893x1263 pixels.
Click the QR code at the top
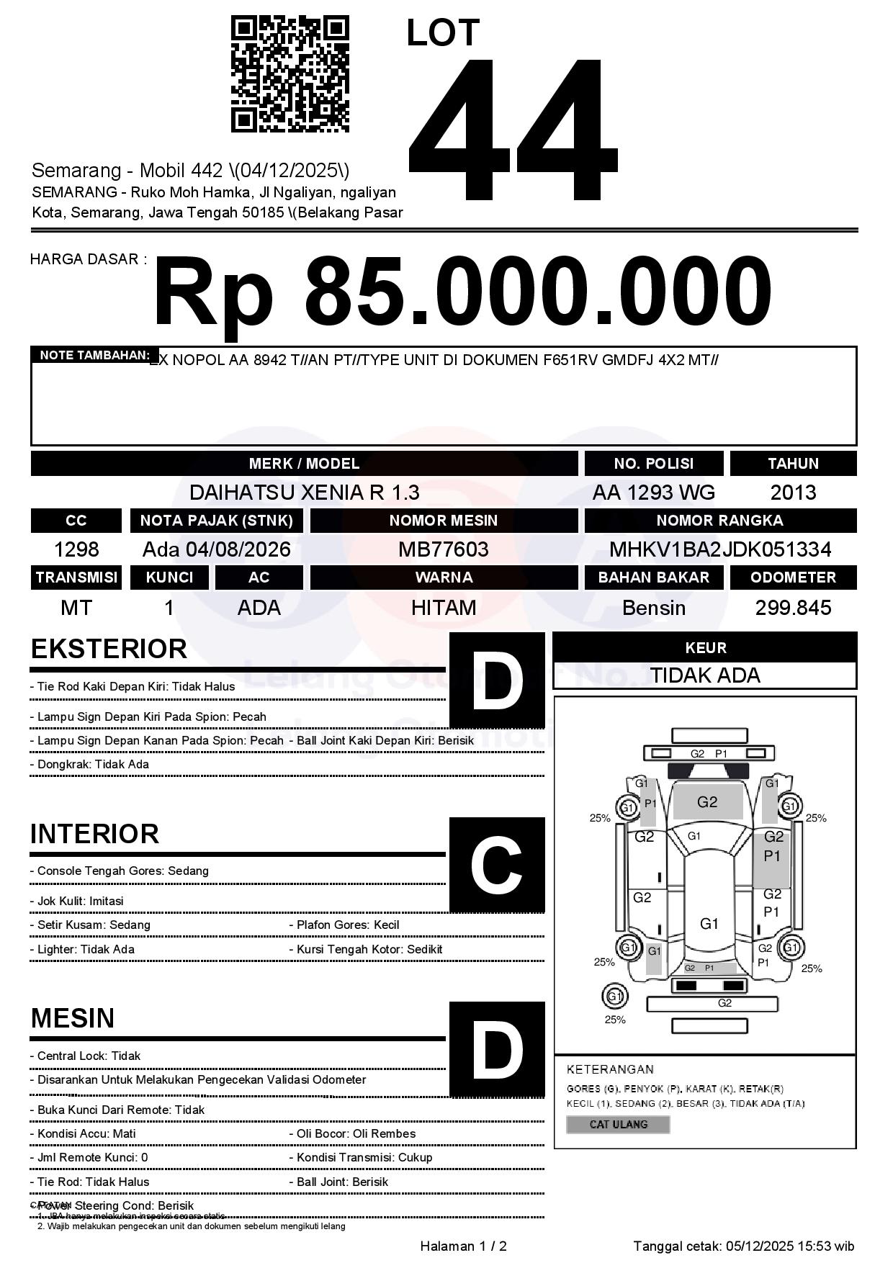click(x=290, y=75)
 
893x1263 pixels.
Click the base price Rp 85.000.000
click(x=462, y=293)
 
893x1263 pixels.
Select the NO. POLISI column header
click(x=653, y=464)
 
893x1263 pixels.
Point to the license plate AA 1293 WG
click(x=653, y=493)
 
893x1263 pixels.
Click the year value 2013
click(x=793, y=493)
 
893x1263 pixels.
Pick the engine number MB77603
click(x=444, y=549)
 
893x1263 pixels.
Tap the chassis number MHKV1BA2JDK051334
click(x=720, y=549)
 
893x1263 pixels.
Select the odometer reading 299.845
click(x=793, y=608)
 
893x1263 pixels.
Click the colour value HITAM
click(x=444, y=608)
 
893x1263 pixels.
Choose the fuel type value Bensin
click(x=653, y=608)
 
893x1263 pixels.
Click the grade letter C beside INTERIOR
click(x=496, y=865)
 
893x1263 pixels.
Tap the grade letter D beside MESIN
click(x=496, y=1049)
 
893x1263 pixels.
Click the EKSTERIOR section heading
click(x=109, y=649)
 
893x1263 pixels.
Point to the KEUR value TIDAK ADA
click(x=705, y=675)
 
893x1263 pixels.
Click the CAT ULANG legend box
click(x=618, y=1124)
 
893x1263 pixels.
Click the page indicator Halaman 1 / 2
click(x=463, y=1246)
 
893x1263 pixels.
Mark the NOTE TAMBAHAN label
click(x=94, y=355)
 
